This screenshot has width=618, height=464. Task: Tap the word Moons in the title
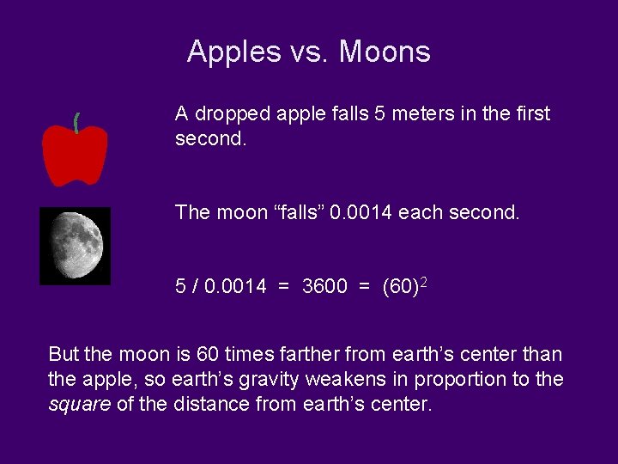click(x=385, y=52)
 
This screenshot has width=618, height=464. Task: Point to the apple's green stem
click(x=76, y=123)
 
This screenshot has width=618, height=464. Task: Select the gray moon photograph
click(x=76, y=245)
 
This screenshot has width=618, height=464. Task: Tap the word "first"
click(x=531, y=114)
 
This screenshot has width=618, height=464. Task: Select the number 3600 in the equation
click(x=324, y=286)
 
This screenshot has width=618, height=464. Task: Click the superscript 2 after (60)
click(x=423, y=281)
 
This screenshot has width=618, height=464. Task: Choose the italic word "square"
click(x=79, y=404)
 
